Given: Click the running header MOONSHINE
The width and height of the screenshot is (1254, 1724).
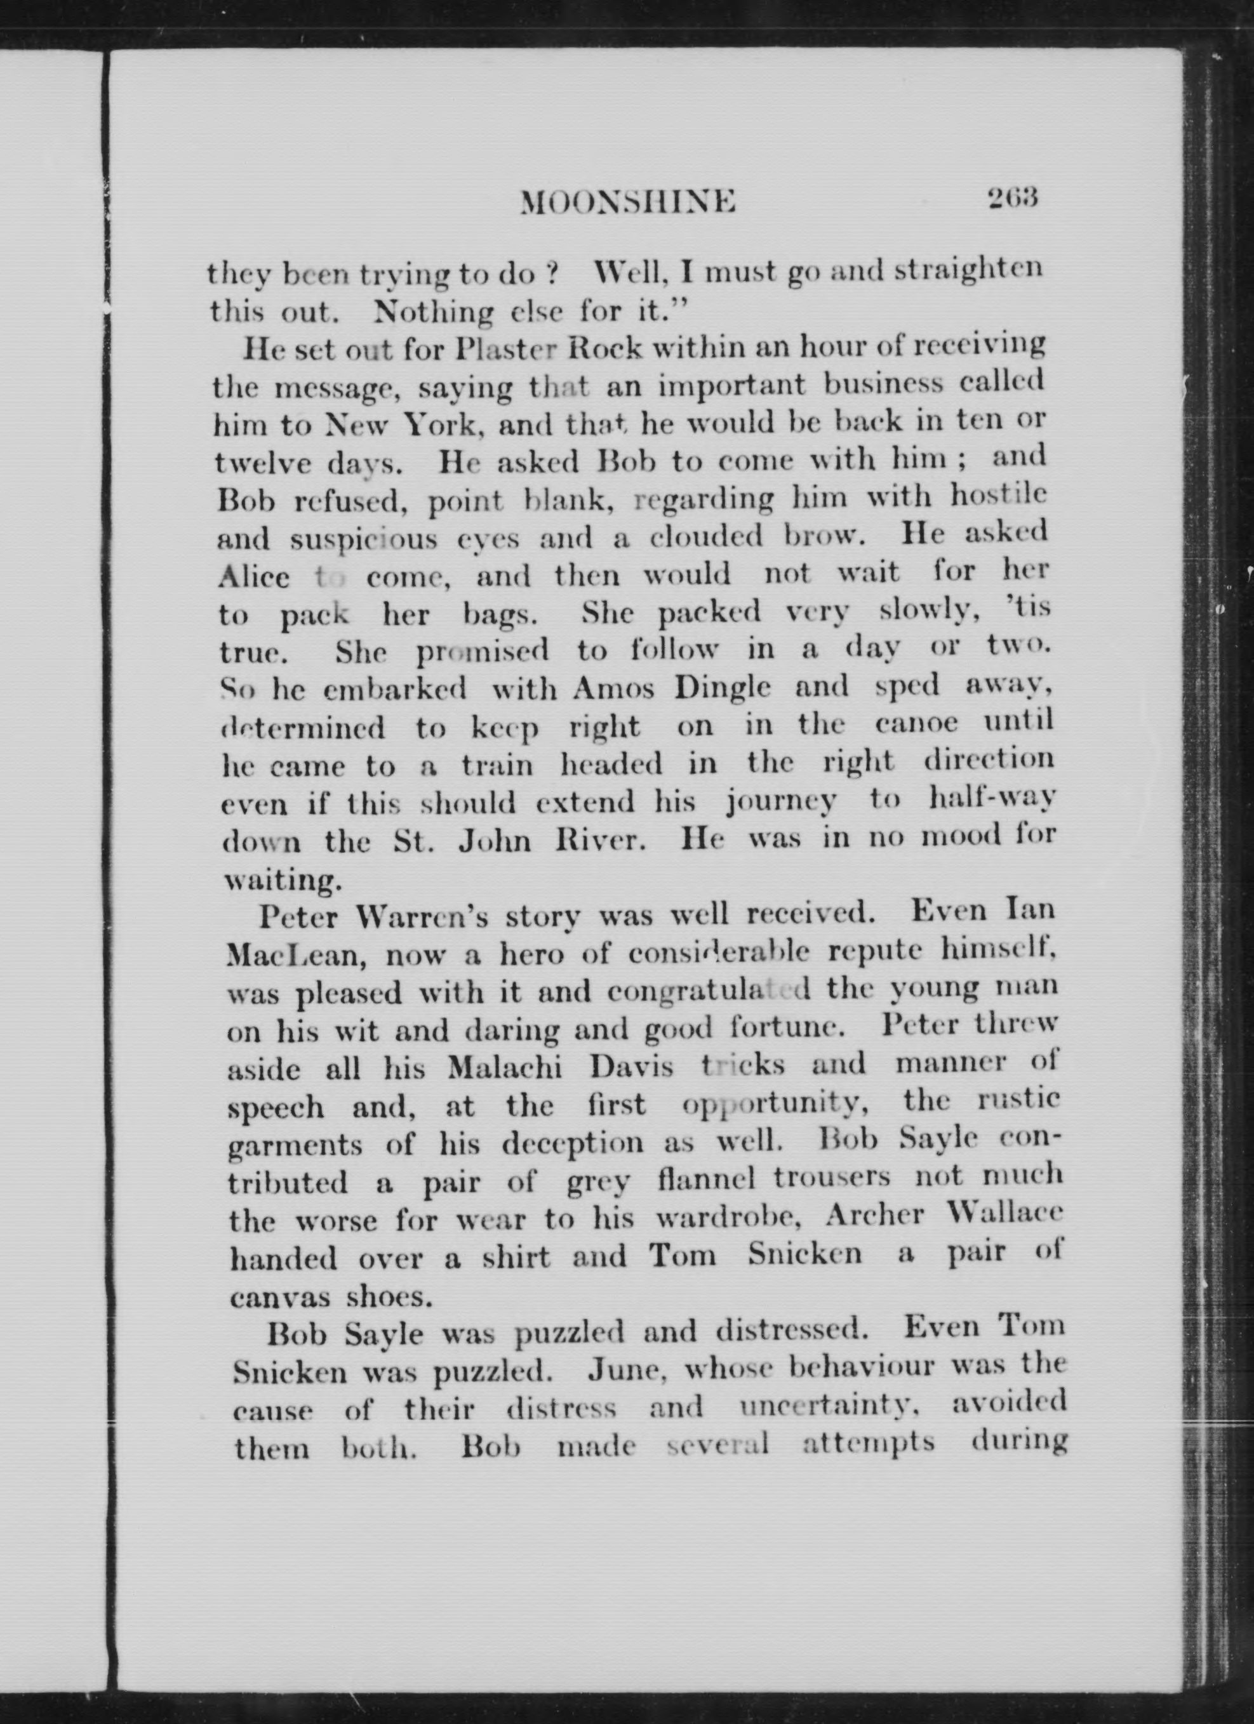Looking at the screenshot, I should [628, 203].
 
